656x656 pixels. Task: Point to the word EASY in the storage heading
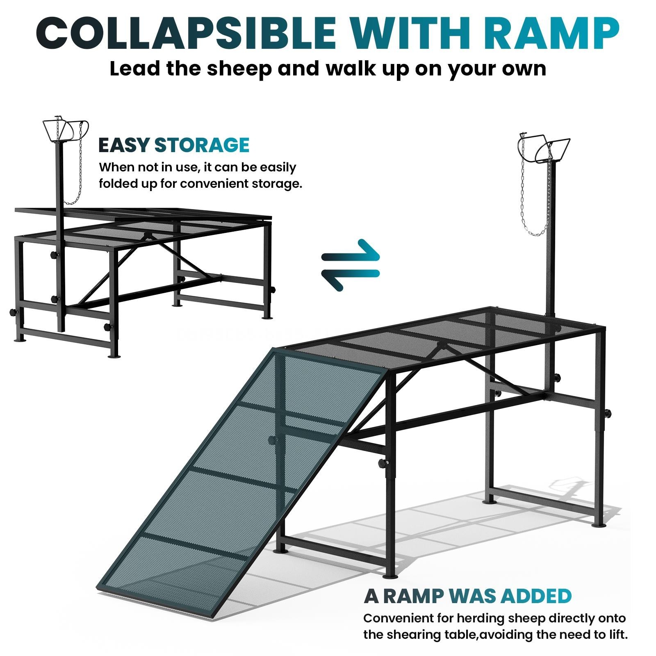[124, 145]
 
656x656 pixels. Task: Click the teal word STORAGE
[202, 145]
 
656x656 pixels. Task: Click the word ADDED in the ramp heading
[536, 596]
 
